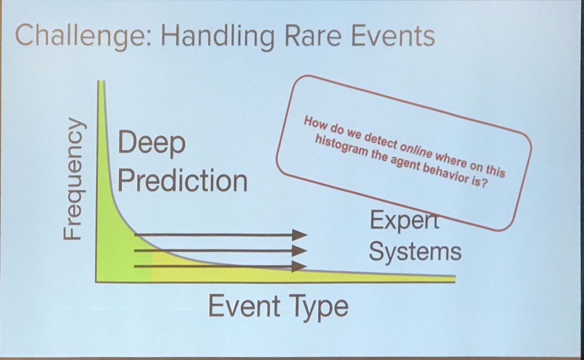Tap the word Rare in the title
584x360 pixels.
313,36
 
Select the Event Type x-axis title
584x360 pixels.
279,306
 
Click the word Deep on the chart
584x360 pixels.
151,143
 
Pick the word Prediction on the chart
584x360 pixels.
182,181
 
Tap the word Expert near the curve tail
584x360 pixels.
404,220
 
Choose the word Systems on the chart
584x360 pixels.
415,251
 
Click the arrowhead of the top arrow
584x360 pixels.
300,235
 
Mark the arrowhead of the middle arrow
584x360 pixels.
300,251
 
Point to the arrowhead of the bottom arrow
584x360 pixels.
300,266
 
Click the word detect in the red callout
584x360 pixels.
380,141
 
